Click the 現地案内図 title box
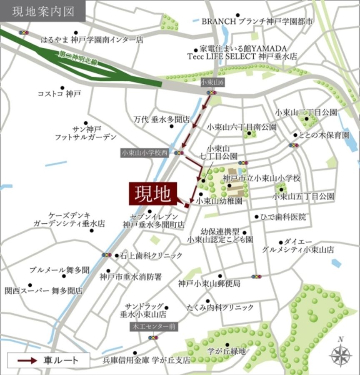pyautogui.click(x=43, y=11)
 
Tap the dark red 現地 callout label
pyautogui.click(x=152, y=194)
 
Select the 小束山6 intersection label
pyautogui.click(x=212, y=82)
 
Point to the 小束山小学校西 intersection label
pyautogui.click(x=145, y=153)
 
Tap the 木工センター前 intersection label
pyautogui.click(x=153, y=326)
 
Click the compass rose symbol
pyautogui.click(x=340, y=355)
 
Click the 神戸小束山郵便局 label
pyautogui.click(x=209, y=284)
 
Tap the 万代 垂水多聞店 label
pyautogui.click(x=162, y=119)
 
